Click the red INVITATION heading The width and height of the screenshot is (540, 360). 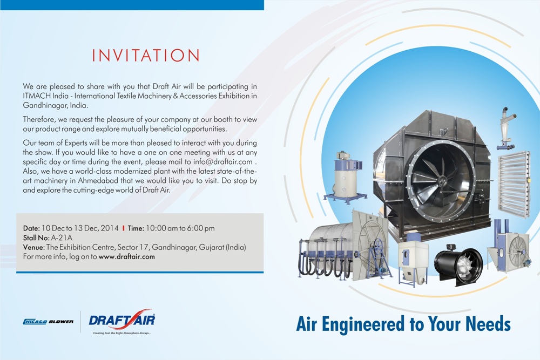tap(146, 56)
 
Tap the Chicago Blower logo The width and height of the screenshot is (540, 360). tap(48, 322)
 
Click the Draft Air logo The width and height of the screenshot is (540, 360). tap(122, 321)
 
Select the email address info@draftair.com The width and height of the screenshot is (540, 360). tap(223, 161)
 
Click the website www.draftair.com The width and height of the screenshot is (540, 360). tap(127, 256)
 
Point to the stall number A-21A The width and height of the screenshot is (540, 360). tap(62, 237)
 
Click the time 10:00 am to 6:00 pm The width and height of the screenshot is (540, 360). tap(180, 228)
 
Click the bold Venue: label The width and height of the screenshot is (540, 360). tap(33, 247)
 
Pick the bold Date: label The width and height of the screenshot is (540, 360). tap(31, 228)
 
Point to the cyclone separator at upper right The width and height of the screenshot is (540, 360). tap(506, 128)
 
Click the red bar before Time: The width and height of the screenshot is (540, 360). tap(123, 228)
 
